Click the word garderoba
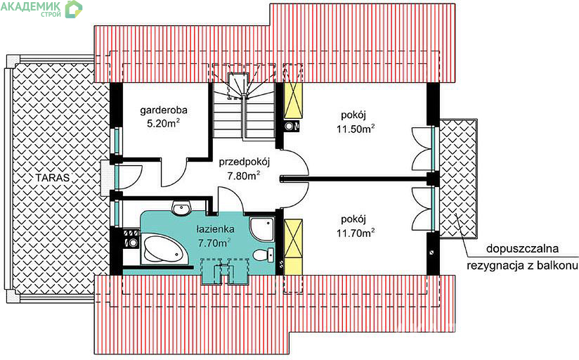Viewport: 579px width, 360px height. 164,110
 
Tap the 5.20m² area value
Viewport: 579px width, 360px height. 164,123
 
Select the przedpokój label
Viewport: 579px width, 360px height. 245,162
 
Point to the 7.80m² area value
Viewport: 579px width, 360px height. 243,176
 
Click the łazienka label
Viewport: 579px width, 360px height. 215,229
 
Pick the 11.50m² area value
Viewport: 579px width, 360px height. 356,129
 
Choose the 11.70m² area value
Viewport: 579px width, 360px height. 356,233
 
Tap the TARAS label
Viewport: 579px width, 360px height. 53,177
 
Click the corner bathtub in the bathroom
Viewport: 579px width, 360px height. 164,249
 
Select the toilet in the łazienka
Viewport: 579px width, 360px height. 264,255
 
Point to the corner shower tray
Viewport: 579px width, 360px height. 262,229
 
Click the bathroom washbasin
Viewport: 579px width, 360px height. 181,207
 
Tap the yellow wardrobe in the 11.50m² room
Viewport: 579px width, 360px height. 293,100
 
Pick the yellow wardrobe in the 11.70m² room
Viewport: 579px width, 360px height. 293,247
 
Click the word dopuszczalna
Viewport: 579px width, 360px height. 522,249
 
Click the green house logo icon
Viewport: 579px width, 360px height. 74,9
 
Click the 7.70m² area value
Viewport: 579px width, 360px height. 214,243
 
